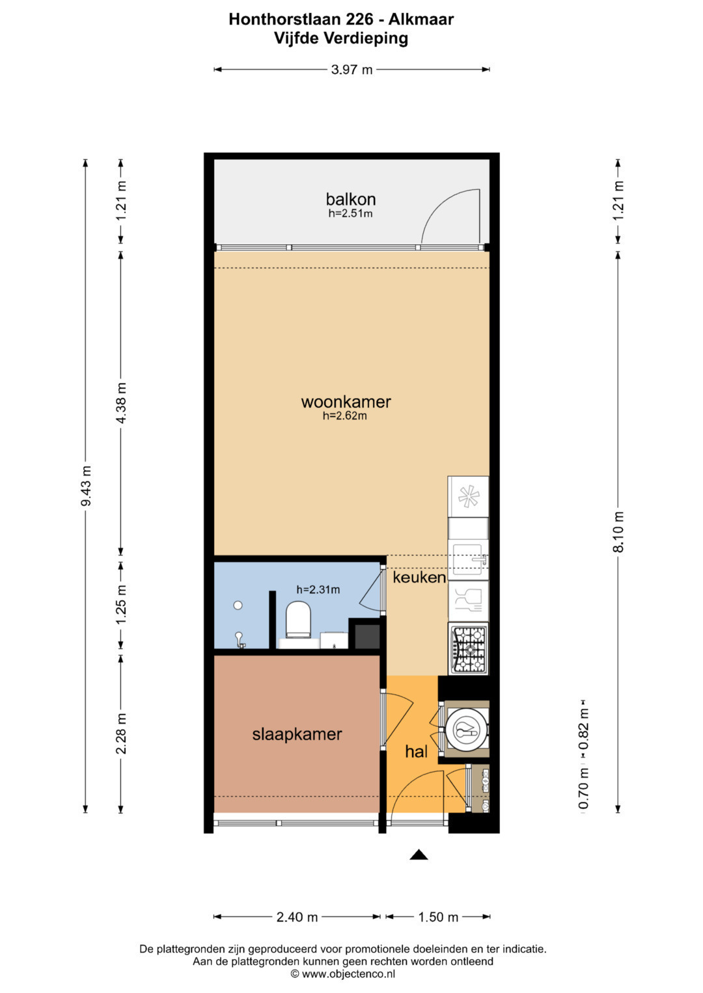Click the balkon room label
point(351,200)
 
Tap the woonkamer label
point(346,402)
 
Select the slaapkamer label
point(297,735)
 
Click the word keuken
point(419,577)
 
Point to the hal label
point(417,751)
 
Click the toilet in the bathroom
point(297,619)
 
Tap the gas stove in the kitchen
point(468,648)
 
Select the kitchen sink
point(468,560)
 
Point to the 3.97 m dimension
point(351,70)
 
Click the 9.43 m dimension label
point(86,485)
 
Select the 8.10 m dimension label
point(618,531)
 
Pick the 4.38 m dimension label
point(121,403)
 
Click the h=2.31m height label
point(318,590)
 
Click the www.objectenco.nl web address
point(348,974)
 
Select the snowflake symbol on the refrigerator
point(468,497)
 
